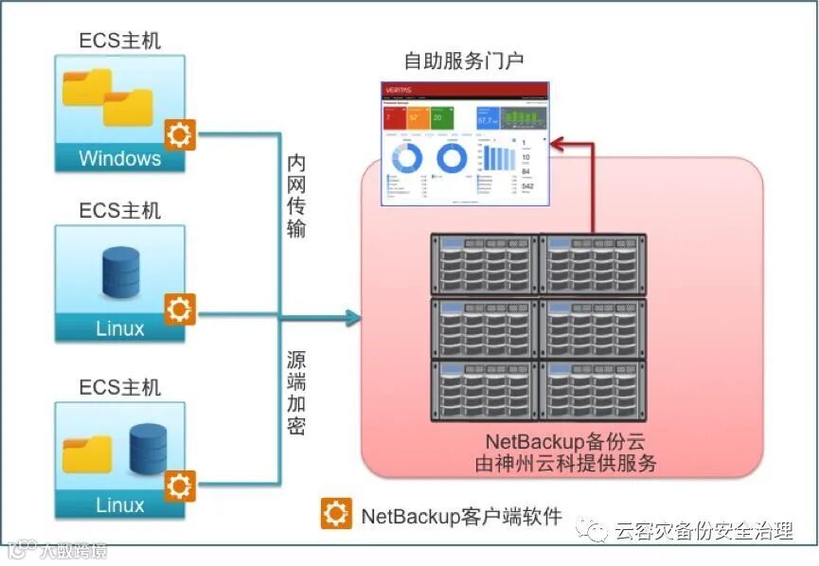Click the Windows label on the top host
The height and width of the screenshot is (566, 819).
coord(119,158)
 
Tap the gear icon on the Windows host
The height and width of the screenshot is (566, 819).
coord(179,135)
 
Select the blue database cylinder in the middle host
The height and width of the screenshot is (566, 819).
coord(120,268)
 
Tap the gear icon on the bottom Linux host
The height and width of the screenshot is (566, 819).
coord(179,486)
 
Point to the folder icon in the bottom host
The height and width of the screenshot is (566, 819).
coord(87,454)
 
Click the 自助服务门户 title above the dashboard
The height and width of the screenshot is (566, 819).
coord(464,62)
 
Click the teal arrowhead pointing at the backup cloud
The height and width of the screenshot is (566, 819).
coord(353,318)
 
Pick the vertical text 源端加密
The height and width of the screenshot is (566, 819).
coord(296,394)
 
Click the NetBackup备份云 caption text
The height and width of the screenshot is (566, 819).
coord(566,442)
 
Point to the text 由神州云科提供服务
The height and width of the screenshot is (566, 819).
coord(566,464)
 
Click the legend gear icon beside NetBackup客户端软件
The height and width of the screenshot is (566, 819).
coord(334,513)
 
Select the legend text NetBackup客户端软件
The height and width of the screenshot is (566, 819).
coord(461,516)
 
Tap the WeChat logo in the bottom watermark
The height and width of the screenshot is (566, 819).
coord(596,531)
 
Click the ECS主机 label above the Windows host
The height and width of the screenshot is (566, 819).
coord(119,40)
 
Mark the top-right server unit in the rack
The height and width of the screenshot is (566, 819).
coord(593,265)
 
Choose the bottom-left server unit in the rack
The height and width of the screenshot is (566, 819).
coord(484,390)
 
